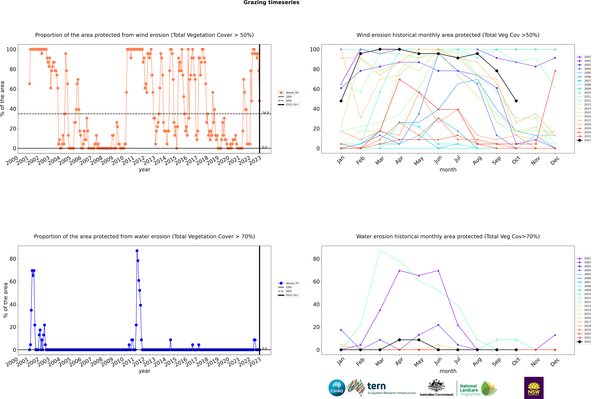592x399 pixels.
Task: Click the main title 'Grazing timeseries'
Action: [271, 3]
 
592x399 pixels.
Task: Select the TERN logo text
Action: [376, 386]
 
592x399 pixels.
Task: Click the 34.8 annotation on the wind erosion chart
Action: [265, 113]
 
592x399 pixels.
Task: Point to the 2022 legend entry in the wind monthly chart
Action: [584, 140]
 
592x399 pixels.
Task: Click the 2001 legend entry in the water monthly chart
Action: [584, 258]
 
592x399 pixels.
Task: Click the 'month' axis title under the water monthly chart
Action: [448, 371]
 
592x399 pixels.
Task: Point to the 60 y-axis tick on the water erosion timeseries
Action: [13, 281]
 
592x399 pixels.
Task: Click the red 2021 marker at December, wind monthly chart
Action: [555, 71]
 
